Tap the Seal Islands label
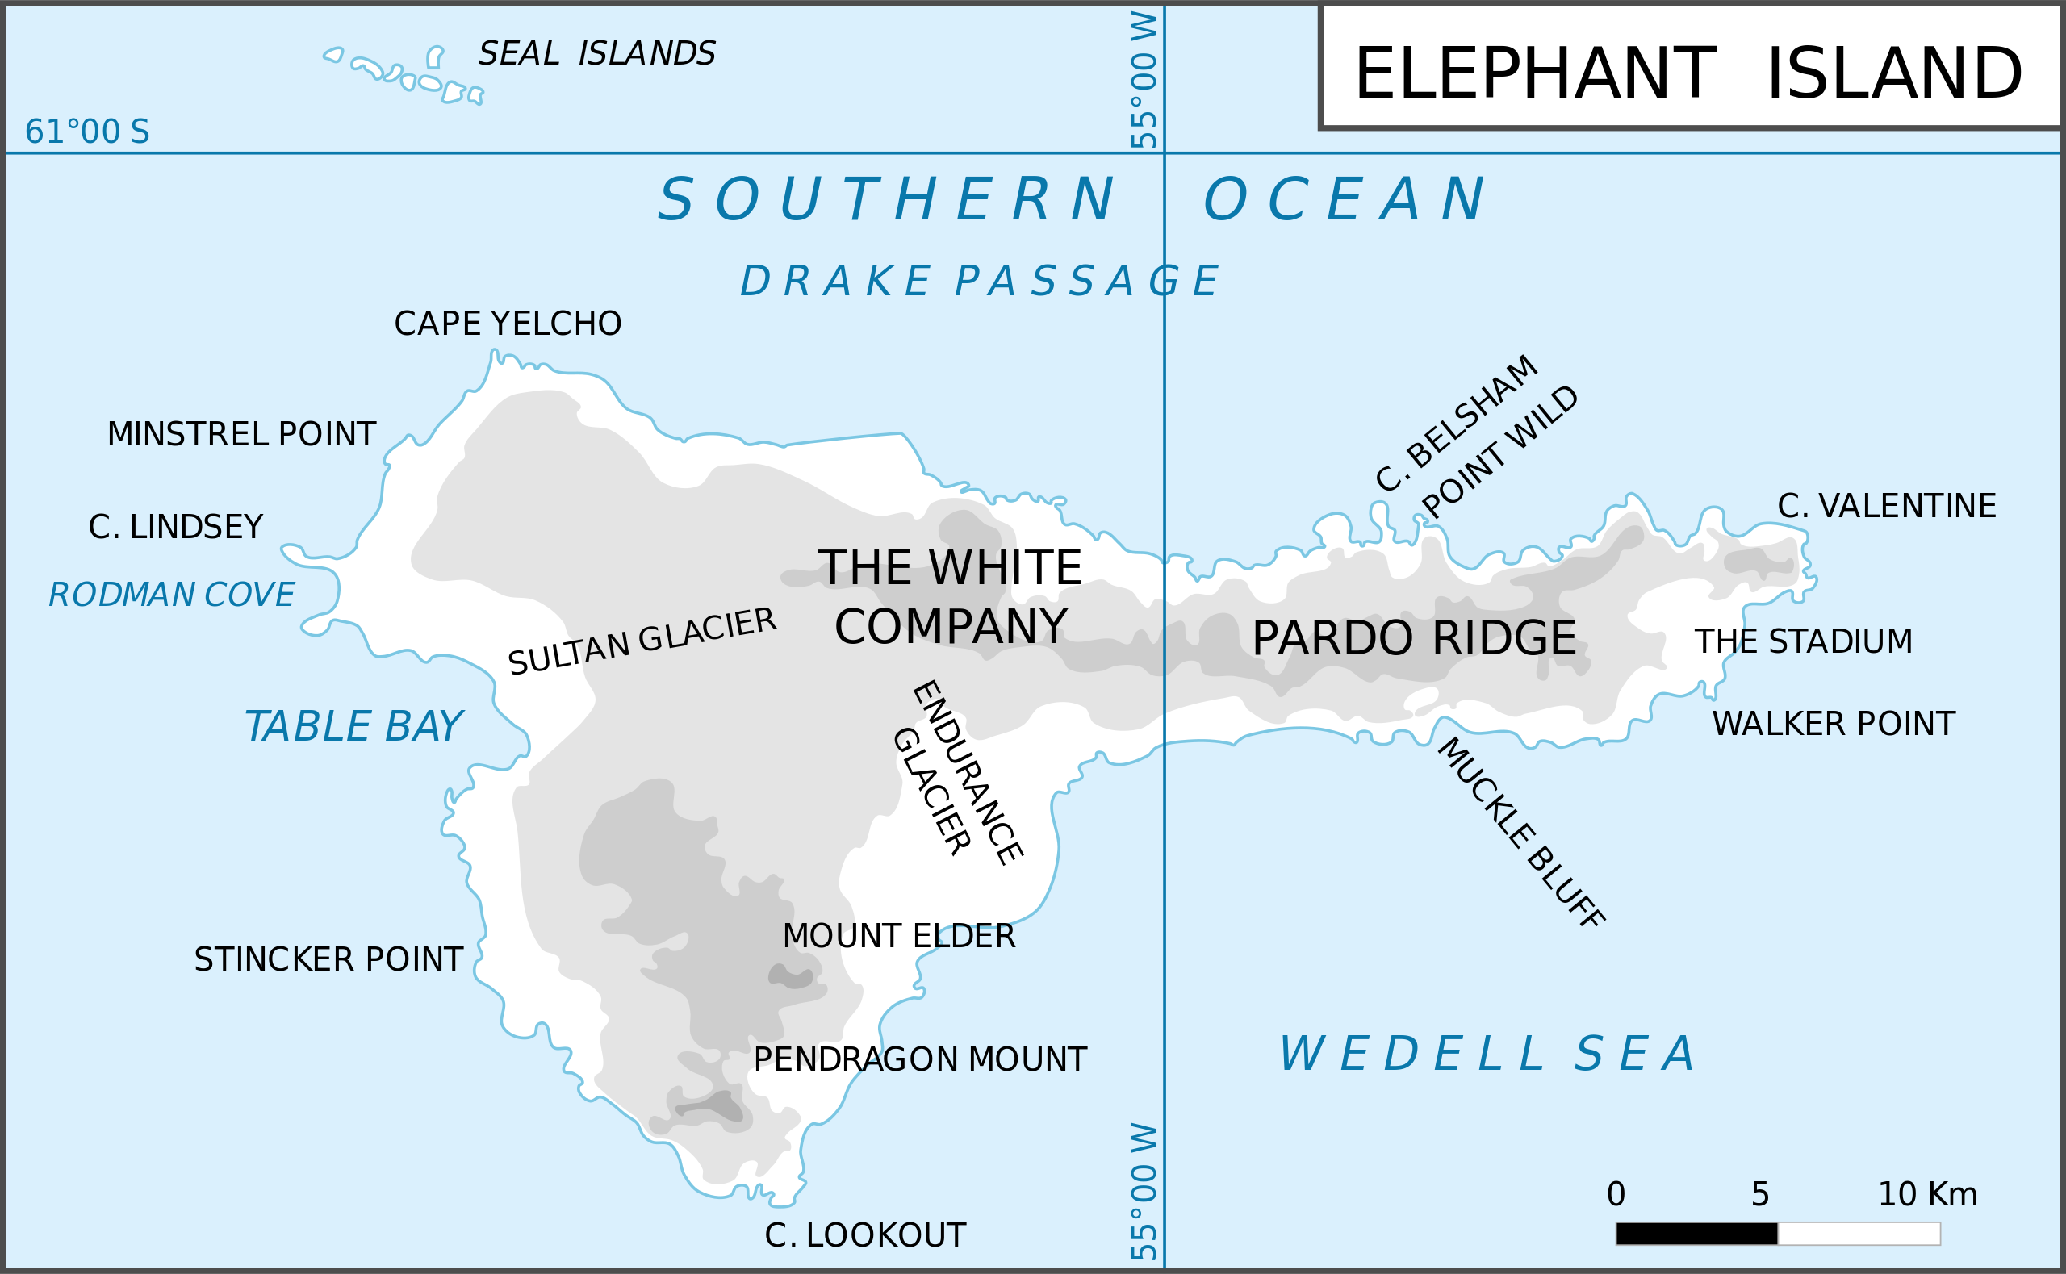click(x=596, y=54)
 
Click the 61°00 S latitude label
click(x=87, y=132)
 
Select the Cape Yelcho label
click(x=508, y=324)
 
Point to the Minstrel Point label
click(x=241, y=435)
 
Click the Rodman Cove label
click(x=171, y=595)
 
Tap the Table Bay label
click(x=353, y=727)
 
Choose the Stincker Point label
click(x=328, y=959)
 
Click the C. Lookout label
click(x=864, y=1236)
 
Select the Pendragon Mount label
click(x=919, y=1060)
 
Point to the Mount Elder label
click(x=898, y=936)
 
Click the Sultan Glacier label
click(x=642, y=642)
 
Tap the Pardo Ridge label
click(x=1413, y=639)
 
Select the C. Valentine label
click(x=1886, y=507)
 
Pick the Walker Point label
click(x=1833, y=725)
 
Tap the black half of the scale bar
click(x=1696, y=1234)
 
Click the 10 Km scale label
click(x=1927, y=1195)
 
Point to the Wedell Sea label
click(x=1487, y=1055)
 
